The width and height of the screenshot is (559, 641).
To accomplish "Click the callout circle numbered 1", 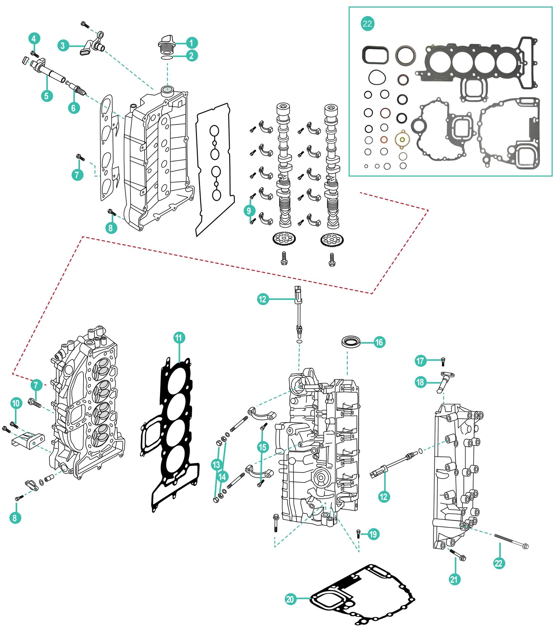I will (x=191, y=43).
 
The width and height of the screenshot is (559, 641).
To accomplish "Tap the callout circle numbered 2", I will (x=191, y=55).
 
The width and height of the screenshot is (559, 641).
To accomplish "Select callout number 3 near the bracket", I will (x=63, y=45).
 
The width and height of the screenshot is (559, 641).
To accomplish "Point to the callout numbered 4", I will (x=34, y=39).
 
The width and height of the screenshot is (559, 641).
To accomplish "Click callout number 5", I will (x=47, y=96).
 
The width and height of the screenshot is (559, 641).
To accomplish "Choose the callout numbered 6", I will (x=74, y=108).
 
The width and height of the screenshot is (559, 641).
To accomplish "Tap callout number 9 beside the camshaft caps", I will (x=249, y=211).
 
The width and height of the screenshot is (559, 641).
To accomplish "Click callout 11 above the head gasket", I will (x=179, y=338).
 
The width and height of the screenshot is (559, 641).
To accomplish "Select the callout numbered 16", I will (x=379, y=342).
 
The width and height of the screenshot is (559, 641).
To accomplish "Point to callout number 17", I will (x=420, y=361).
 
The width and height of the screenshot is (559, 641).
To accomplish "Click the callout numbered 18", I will (x=420, y=382).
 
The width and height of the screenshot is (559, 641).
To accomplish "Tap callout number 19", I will (x=373, y=534).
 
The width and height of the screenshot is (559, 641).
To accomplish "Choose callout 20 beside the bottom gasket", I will (x=290, y=599).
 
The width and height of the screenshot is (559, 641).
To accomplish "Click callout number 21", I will (x=454, y=579).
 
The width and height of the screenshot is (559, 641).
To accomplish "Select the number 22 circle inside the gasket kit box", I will (x=367, y=24).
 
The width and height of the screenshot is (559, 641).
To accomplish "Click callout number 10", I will (x=16, y=403).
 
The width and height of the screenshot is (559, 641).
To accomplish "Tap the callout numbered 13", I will (x=216, y=464).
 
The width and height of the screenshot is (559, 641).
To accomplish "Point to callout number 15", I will (x=263, y=447).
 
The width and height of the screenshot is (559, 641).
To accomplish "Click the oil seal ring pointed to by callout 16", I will (x=351, y=342).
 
